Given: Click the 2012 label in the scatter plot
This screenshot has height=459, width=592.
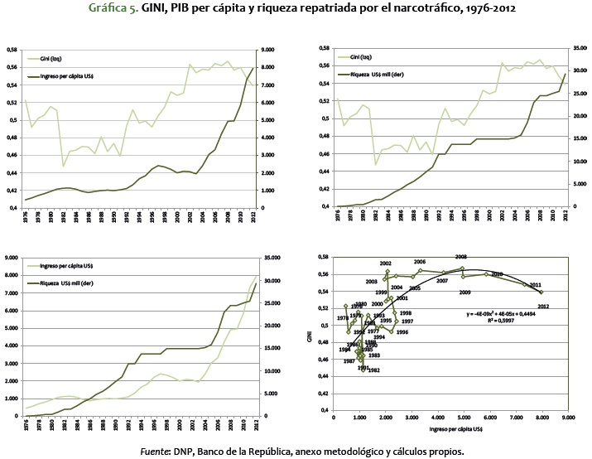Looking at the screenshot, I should point(543,307).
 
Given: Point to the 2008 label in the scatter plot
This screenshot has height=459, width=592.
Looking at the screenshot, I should point(461,257).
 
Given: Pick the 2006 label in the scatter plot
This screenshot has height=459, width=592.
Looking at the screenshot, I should point(420,262).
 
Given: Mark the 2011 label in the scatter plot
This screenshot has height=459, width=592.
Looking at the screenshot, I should point(536,285).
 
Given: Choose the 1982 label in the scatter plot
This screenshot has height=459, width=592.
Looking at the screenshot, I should point(373,370).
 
